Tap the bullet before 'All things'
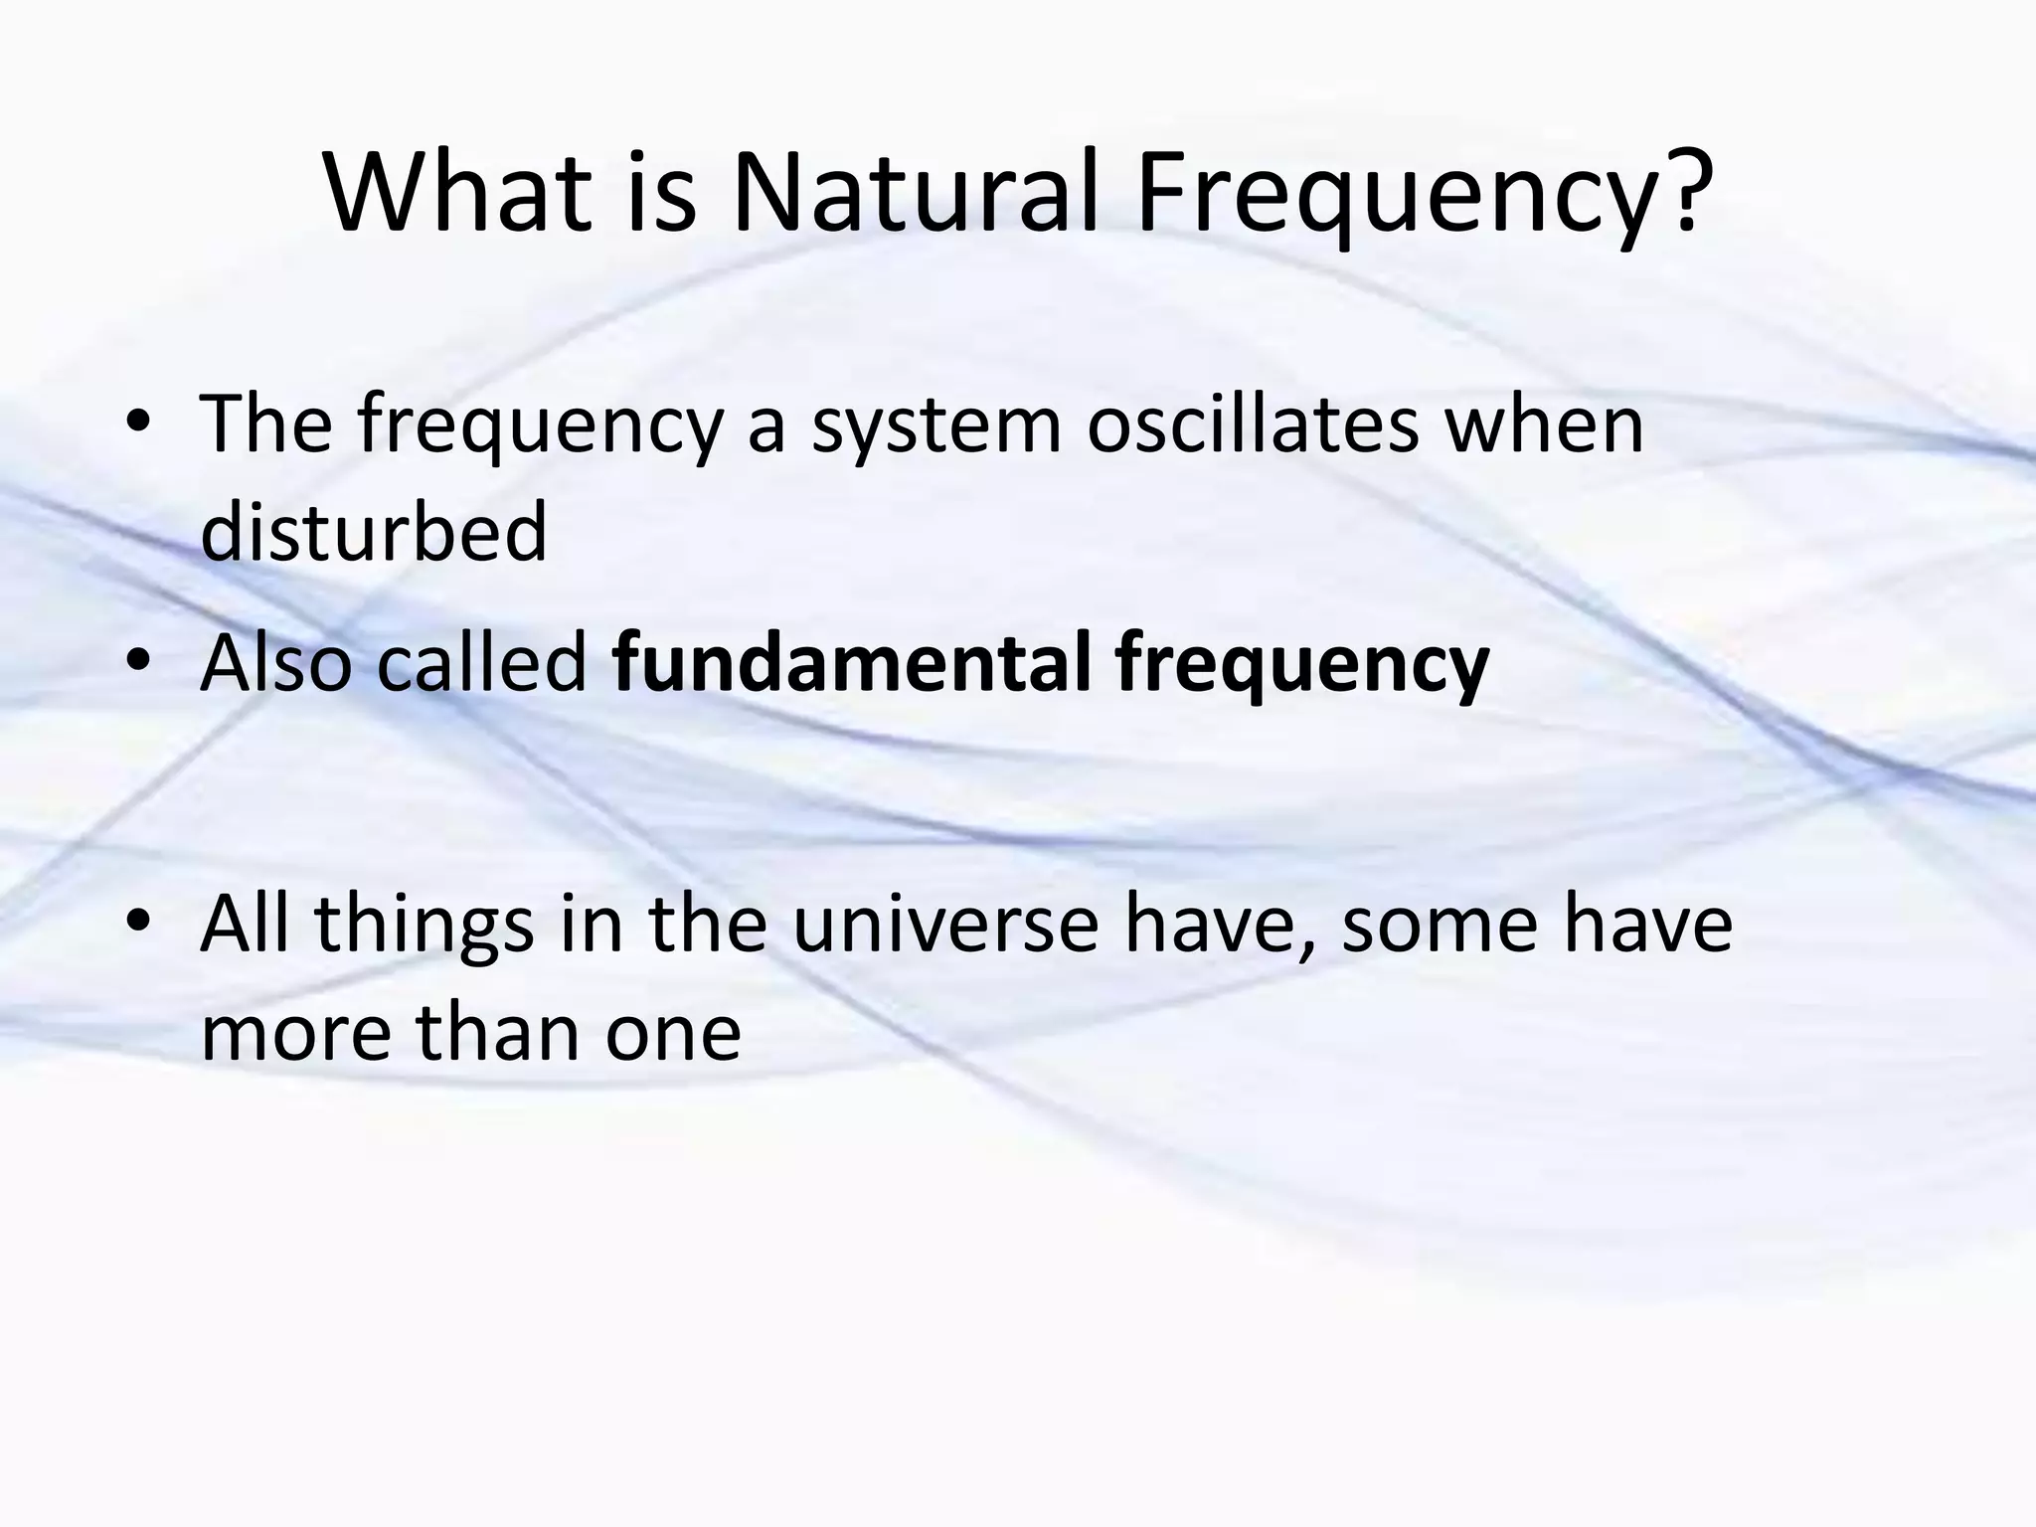pyautogui.click(x=138, y=924)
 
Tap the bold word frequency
pyautogui.click(x=1301, y=668)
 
